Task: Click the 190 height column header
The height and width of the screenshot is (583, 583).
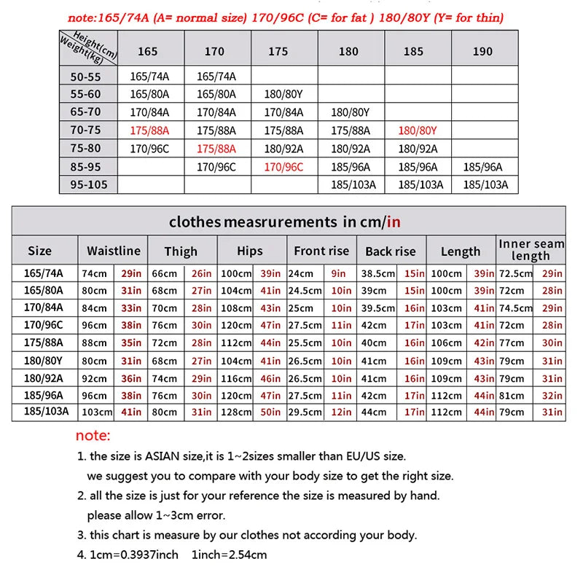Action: pyautogui.click(x=482, y=51)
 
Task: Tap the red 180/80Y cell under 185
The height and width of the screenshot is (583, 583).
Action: pyautogui.click(x=418, y=130)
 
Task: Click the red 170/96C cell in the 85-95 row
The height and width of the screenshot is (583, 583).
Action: pyautogui.click(x=283, y=167)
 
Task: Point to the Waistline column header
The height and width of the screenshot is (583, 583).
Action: pyautogui.click(x=114, y=251)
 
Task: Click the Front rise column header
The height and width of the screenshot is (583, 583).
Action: pyautogui.click(x=321, y=251)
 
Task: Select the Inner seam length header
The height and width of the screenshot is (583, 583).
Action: pyautogui.click(x=531, y=249)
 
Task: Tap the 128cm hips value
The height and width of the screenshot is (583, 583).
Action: pyautogui.click(x=235, y=412)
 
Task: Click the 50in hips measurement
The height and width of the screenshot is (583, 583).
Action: pyautogui.click(x=270, y=412)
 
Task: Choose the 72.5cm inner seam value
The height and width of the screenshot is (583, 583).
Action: pyautogui.click(x=514, y=273)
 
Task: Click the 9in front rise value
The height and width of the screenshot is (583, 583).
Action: pyautogui.click(x=338, y=273)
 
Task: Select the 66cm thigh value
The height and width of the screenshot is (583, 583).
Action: pyautogui.click(x=164, y=273)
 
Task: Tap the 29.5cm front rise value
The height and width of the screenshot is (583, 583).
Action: pyautogui.click(x=305, y=412)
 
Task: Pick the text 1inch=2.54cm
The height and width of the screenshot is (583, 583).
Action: pyautogui.click(x=229, y=555)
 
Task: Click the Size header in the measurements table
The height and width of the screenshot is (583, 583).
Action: pyautogui.click(x=40, y=251)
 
